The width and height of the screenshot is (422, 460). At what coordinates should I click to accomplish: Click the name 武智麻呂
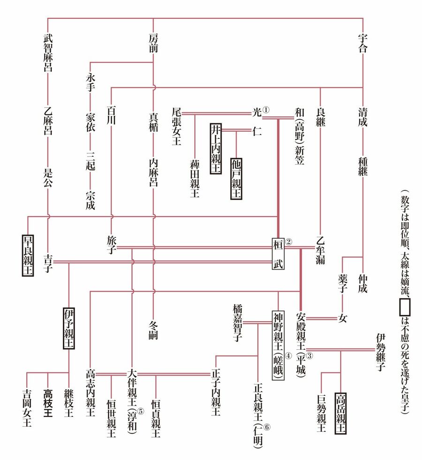48,52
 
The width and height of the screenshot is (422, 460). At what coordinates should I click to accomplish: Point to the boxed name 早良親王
28,255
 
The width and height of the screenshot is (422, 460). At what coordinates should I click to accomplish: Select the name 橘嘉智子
237,322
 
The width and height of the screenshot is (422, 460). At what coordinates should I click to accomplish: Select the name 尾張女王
177,126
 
